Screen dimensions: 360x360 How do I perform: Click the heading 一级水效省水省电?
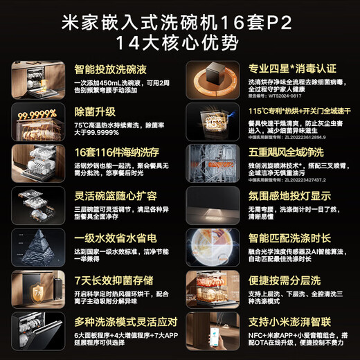(x=111, y=237)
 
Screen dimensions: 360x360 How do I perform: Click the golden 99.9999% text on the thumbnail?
(x=36, y=115)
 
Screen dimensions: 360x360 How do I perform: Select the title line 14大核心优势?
(x=179, y=42)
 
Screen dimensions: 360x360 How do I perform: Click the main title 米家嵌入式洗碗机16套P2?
(x=179, y=19)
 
